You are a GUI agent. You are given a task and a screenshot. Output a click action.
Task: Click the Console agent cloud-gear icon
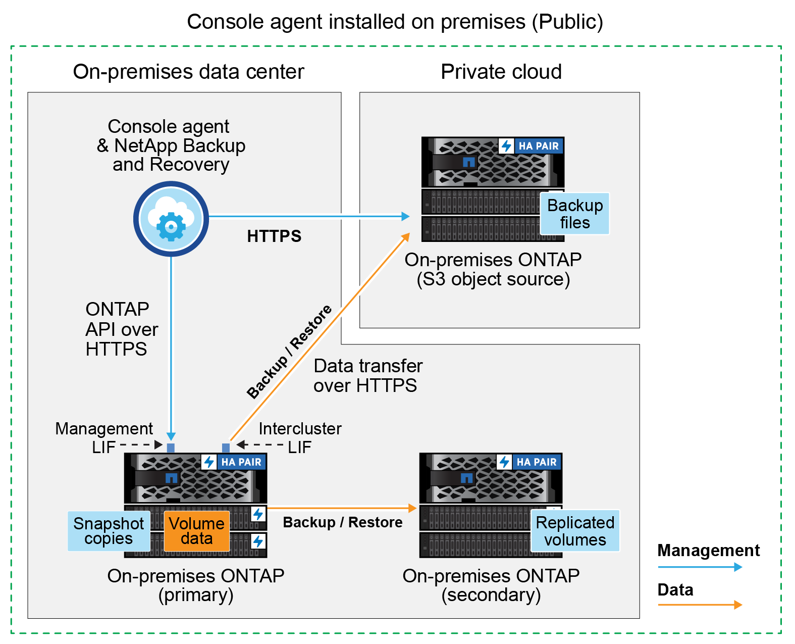point(171,219)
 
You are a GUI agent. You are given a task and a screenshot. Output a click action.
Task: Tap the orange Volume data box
point(197,531)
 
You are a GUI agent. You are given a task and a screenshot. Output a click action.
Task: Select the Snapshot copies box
point(109,531)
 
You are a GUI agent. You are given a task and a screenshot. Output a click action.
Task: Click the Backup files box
point(574,214)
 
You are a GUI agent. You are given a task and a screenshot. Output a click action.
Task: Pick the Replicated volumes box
point(575,531)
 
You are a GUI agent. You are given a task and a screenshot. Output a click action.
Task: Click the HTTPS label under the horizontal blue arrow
point(274,236)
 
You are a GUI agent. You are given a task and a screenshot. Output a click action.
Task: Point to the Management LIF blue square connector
point(171,448)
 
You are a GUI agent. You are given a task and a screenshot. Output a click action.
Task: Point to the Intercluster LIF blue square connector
point(226,448)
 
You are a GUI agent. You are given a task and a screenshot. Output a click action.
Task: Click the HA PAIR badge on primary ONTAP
point(241,462)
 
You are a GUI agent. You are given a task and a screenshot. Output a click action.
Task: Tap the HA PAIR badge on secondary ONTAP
point(536,462)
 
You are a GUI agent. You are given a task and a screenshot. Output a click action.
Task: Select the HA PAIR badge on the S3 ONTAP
point(538,146)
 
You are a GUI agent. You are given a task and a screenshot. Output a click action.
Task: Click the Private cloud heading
point(501,72)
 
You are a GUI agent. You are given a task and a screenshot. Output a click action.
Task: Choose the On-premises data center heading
point(188,72)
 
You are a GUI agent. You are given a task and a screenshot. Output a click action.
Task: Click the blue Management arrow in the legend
point(700,567)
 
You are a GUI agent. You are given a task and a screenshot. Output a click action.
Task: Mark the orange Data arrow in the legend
point(700,605)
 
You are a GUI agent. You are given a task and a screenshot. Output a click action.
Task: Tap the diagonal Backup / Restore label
point(289,352)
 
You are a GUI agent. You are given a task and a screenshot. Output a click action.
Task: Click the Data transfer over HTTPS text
point(367,375)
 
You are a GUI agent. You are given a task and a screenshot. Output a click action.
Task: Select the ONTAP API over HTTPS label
point(121,329)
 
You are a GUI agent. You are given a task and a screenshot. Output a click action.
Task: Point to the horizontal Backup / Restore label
point(342,522)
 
